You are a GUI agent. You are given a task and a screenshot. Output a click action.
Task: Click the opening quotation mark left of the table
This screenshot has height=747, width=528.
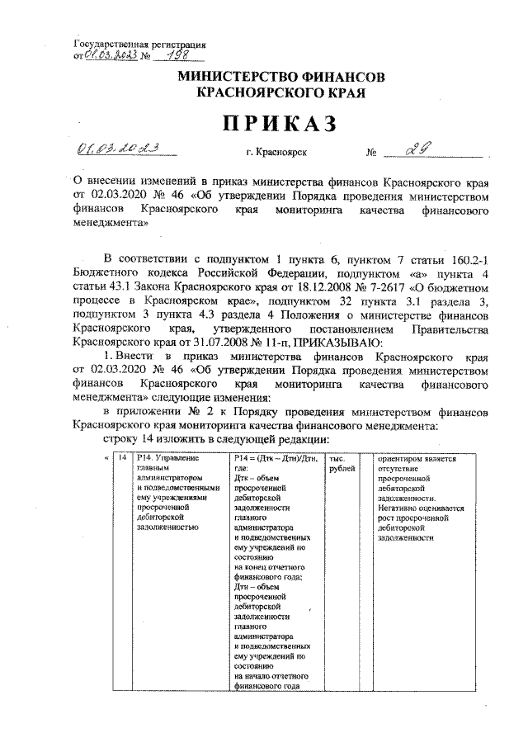pos(104,457)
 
